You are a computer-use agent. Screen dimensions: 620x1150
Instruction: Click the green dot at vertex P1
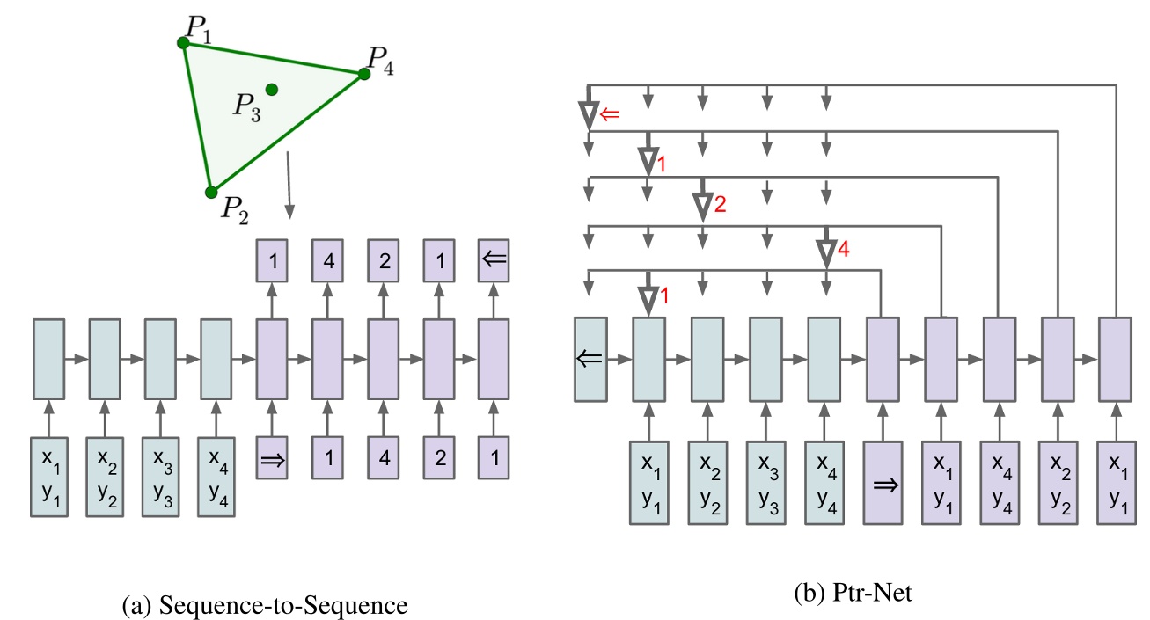click(183, 42)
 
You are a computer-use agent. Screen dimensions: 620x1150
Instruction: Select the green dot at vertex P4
click(364, 75)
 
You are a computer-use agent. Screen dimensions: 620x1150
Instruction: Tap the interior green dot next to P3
click(271, 89)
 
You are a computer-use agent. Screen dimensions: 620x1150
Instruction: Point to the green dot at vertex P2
click(211, 192)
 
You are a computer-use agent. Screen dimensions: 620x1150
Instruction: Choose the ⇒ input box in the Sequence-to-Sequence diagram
click(272, 457)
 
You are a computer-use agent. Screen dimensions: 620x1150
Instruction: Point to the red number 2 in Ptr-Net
click(720, 205)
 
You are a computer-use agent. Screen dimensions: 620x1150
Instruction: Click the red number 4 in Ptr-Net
click(842, 251)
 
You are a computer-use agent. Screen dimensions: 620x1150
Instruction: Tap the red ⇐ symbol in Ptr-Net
click(609, 113)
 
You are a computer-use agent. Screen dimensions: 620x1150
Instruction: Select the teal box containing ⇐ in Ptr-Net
click(589, 360)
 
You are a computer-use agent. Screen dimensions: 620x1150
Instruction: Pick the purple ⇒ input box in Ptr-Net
click(882, 482)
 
